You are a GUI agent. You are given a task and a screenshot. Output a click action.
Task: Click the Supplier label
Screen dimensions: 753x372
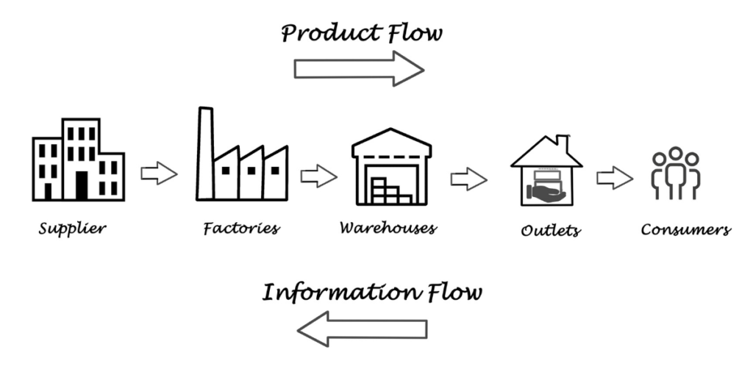[x=72, y=229]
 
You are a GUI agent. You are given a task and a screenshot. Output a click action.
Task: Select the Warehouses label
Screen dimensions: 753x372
[x=388, y=227]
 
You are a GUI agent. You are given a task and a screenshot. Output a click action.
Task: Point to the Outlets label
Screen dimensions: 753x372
[x=550, y=230]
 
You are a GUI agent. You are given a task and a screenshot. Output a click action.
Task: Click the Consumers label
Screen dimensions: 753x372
[x=686, y=229]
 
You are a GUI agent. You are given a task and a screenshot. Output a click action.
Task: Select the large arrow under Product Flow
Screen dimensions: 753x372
[x=359, y=69]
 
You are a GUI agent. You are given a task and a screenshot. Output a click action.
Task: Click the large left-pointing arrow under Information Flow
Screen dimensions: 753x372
[x=362, y=329]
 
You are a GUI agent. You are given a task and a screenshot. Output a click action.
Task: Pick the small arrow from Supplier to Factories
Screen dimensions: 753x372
[x=159, y=173]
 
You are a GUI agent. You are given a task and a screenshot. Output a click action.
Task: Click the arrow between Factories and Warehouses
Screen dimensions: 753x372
[x=319, y=176]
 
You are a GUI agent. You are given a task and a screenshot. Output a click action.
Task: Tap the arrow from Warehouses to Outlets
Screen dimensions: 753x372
[x=468, y=179]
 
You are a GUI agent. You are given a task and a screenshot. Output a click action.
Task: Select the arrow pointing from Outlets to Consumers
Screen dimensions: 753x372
[x=615, y=178]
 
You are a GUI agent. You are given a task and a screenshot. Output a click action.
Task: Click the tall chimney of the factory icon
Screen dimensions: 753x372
[x=206, y=153]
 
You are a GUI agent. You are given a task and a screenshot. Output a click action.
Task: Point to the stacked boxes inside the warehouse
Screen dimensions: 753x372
[x=390, y=192]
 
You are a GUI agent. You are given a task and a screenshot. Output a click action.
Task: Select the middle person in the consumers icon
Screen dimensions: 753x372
[x=676, y=173]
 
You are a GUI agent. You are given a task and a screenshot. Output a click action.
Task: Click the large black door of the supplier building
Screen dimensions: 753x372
[x=82, y=185]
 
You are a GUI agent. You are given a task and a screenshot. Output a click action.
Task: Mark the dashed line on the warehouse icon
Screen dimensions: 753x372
[x=391, y=157]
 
